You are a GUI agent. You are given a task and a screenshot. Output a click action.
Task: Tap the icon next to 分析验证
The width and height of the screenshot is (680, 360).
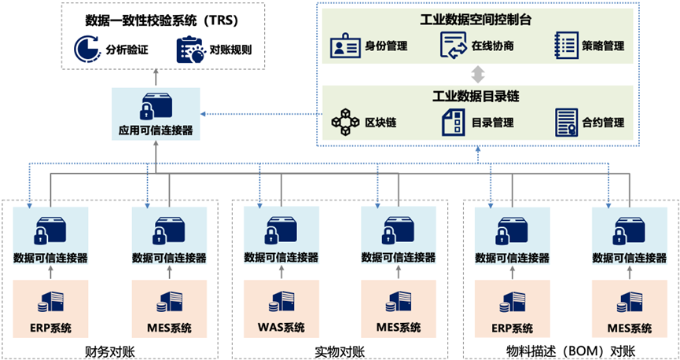click(x=86, y=50)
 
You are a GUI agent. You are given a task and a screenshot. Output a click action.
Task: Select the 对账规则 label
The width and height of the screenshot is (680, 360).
click(x=230, y=51)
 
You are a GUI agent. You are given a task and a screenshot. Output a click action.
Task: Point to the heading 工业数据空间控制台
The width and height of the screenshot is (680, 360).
click(x=476, y=20)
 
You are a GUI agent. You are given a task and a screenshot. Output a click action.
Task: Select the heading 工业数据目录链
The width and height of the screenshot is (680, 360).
click(x=476, y=97)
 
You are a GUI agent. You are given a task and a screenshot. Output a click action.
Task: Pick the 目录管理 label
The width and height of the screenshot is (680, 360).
click(x=493, y=123)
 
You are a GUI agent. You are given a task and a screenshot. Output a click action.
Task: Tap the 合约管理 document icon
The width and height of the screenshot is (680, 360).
click(x=566, y=121)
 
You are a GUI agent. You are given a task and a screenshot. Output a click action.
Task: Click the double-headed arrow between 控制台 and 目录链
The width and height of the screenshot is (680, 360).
click(x=476, y=75)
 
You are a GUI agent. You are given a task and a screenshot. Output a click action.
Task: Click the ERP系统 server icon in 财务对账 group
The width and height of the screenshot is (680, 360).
click(x=50, y=303)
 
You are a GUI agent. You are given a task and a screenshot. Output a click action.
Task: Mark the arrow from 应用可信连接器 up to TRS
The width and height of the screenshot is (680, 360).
click(x=155, y=79)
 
